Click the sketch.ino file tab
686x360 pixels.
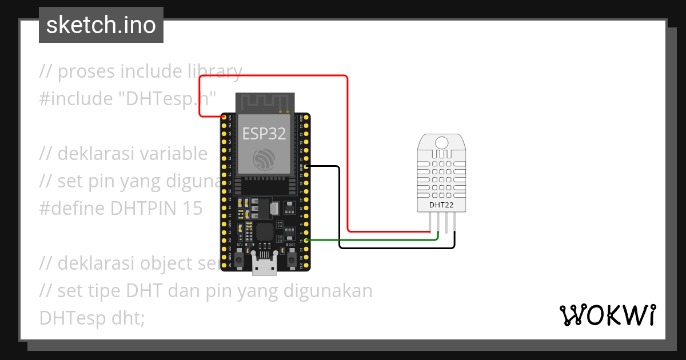[x=101, y=25]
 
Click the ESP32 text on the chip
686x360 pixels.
[x=264, y=133]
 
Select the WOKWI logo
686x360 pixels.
[x=607, y=315]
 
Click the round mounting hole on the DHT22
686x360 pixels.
[x=441, y=142]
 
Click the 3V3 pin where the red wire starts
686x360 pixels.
[x=224, y=117]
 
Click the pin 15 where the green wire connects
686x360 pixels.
[x=307, y=241]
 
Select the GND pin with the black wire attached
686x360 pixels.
[x=307, y=166]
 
